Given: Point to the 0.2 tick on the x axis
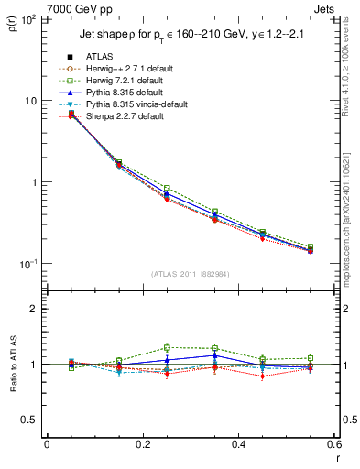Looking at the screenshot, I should click(142, 445).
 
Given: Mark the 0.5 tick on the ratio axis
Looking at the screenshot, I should click(32, 420).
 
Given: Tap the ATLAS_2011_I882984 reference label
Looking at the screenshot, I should click(191, 274).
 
